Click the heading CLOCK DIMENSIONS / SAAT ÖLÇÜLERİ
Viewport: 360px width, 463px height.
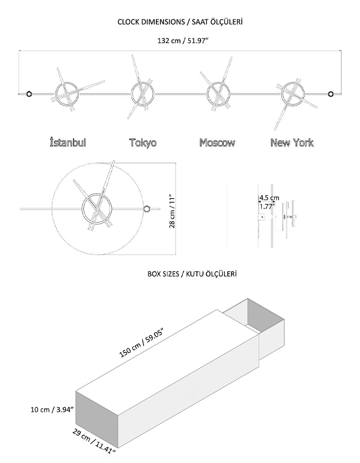[x=180, y=22]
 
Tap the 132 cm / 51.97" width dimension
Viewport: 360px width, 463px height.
[x=183, y=41]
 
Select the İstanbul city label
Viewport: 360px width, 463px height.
[x=68, y=143]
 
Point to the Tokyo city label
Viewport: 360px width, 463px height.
[x=143, y=143]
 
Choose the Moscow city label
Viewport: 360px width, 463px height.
[x=217, y=143]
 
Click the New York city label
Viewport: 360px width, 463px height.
[x=292, y=143]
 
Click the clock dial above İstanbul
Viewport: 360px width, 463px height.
[x=67, y=94]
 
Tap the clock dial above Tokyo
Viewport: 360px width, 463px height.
[x=142, y=94]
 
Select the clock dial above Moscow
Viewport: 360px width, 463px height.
[x=219, y=94]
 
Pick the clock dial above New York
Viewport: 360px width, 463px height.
[x=293, y=94]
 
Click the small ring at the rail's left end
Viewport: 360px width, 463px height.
[x=29, y=94]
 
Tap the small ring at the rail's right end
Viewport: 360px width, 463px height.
[x=331, y=94]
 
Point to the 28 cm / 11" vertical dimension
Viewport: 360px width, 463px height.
[x=172, y=211]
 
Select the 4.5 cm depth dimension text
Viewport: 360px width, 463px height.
[x=269, y=198]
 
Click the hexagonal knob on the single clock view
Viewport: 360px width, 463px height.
[x=146, y=209]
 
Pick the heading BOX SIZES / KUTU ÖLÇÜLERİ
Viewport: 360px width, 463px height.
[x=192, y=274]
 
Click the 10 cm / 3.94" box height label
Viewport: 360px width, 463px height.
[x=52, y=409]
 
